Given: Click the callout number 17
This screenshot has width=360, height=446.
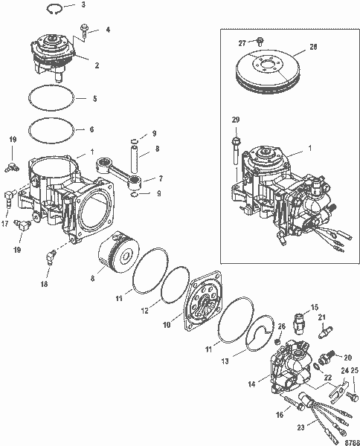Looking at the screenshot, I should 6,221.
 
